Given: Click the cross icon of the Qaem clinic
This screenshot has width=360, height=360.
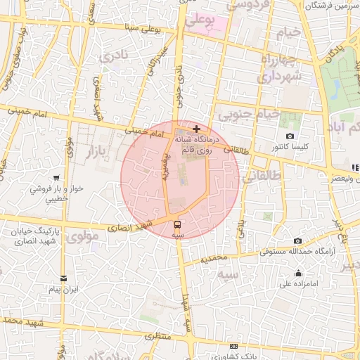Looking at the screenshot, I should click(195, 129).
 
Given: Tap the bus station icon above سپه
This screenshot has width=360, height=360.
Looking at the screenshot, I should click(177, 224).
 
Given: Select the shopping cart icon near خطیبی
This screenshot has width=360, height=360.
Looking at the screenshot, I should click(56, 178).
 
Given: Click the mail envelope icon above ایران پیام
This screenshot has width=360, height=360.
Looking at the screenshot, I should click(64, 278).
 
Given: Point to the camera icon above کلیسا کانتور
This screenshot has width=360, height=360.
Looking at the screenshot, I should click(290, 136).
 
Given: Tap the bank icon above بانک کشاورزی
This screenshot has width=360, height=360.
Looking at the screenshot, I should click(234, 346).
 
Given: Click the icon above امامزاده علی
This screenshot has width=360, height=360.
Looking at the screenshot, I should click(298, 274).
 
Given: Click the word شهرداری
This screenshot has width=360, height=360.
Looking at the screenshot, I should click(279, 76).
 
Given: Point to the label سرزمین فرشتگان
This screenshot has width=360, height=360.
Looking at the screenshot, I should click(333, 6).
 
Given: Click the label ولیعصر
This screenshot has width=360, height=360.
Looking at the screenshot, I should click(340, 179).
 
